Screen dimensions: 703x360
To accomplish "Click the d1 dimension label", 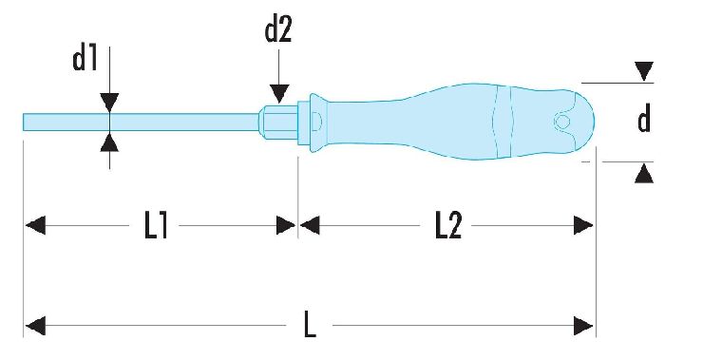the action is [x=85, y=58].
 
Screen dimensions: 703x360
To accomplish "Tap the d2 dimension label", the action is [x=278, y=30].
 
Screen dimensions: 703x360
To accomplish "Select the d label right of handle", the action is [x=644, y=120].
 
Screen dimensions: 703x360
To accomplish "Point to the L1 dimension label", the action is [x=156, y=225].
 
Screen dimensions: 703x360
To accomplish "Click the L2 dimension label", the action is [x=448, y=225].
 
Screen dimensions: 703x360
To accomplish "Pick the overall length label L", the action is [x=310, y=326].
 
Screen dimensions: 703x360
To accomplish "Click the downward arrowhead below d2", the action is [x=279, y=94].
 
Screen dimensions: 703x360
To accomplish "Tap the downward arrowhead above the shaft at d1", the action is [x=110, y=103].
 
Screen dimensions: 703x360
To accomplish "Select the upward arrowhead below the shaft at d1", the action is [x=110, y=142].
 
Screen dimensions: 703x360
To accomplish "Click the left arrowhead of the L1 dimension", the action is [x=35, y=225].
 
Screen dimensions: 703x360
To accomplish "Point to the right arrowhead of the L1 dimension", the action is [x=286, y=225].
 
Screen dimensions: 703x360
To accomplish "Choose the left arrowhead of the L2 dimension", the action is [x=310, y=225].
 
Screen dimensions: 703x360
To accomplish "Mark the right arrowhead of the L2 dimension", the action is [x=583, y=225].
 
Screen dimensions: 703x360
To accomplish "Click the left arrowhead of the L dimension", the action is [x=35, y=326].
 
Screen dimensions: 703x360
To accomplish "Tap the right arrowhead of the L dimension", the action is [x=583, y=326].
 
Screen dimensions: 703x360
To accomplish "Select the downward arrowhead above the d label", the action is [x=644, y=72].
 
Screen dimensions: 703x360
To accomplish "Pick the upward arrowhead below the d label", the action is [x=644, y=174].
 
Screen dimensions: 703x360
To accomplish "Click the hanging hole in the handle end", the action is [x=561, y=121].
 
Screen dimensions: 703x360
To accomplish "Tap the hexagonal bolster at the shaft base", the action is [x=279, y=122].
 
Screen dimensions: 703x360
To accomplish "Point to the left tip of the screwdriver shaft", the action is [x=24, y=122].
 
